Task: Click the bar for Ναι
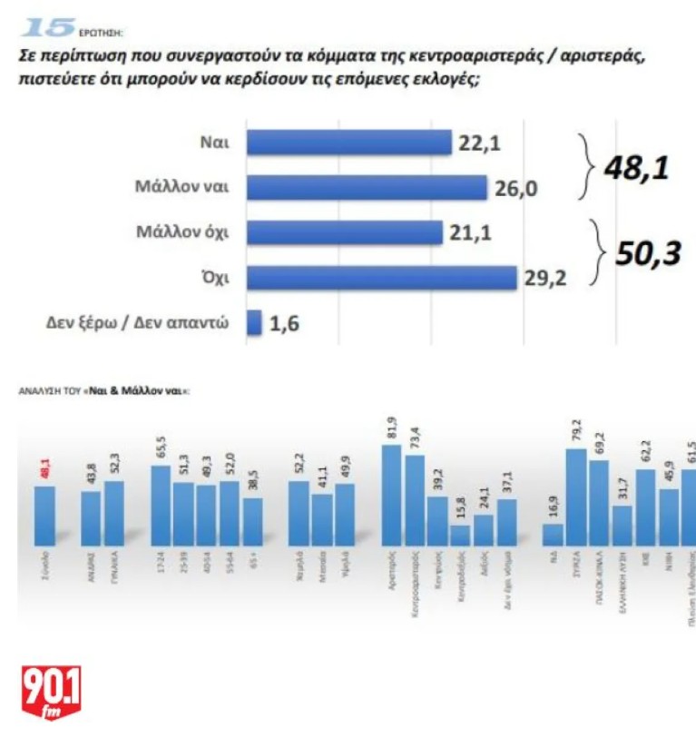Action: pos(349,143)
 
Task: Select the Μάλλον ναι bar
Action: pos(367,187)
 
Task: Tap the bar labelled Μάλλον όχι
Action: pos(345,232)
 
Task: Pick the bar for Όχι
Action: pos(381,278)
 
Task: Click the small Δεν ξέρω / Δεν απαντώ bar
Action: pos(254,322)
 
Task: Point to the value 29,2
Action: pos(544,278)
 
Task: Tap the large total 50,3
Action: pos(648,255)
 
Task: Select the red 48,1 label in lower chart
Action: pos(44,467)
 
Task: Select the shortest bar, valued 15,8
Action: pos(460,535)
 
